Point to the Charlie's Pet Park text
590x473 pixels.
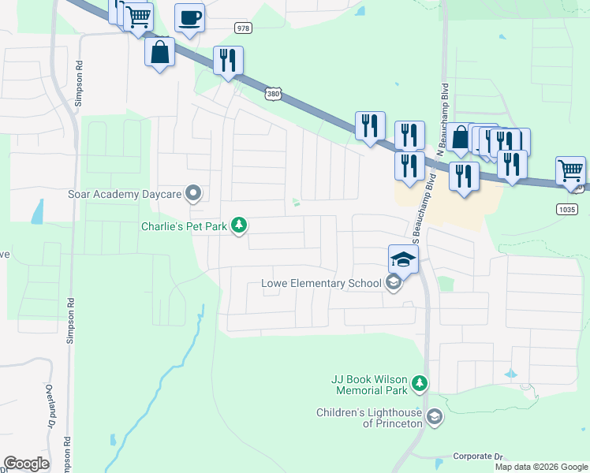click(184, 227)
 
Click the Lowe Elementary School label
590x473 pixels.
click(321, 284)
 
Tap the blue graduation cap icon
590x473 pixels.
click(402, 259)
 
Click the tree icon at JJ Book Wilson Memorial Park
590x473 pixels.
click(420, 384)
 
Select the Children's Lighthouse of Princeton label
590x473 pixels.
click(369, 418)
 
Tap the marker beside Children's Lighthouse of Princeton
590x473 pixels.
click(433, 416)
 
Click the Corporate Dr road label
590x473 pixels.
click(477, 456)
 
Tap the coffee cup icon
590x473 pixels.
click(189, 17)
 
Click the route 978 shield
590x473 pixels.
click(244, 28)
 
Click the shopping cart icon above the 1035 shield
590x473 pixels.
click(570, 169)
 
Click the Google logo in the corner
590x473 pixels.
click(27, 464)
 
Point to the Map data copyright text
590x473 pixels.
click(540, 467)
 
